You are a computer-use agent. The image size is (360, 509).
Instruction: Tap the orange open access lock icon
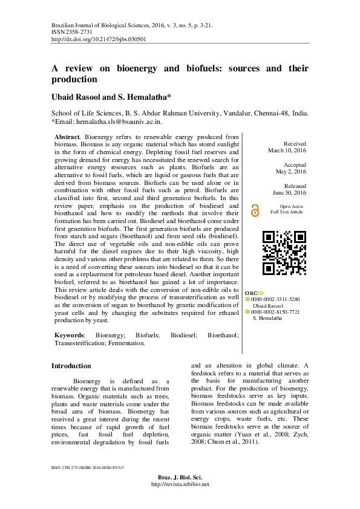point(255,209)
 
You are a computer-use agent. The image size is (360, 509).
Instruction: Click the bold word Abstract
point(67,138)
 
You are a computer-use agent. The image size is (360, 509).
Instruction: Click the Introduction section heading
point(71,366)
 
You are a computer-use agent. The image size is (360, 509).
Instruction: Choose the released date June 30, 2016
point(290,192)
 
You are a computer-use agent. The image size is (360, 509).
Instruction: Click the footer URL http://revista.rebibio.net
point(180,484)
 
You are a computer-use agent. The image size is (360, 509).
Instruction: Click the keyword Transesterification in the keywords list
point(80,343)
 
